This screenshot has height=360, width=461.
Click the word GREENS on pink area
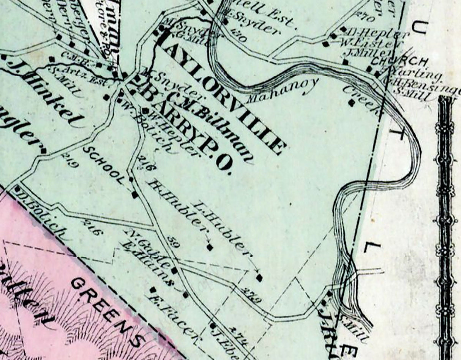(x=110, y=309)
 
